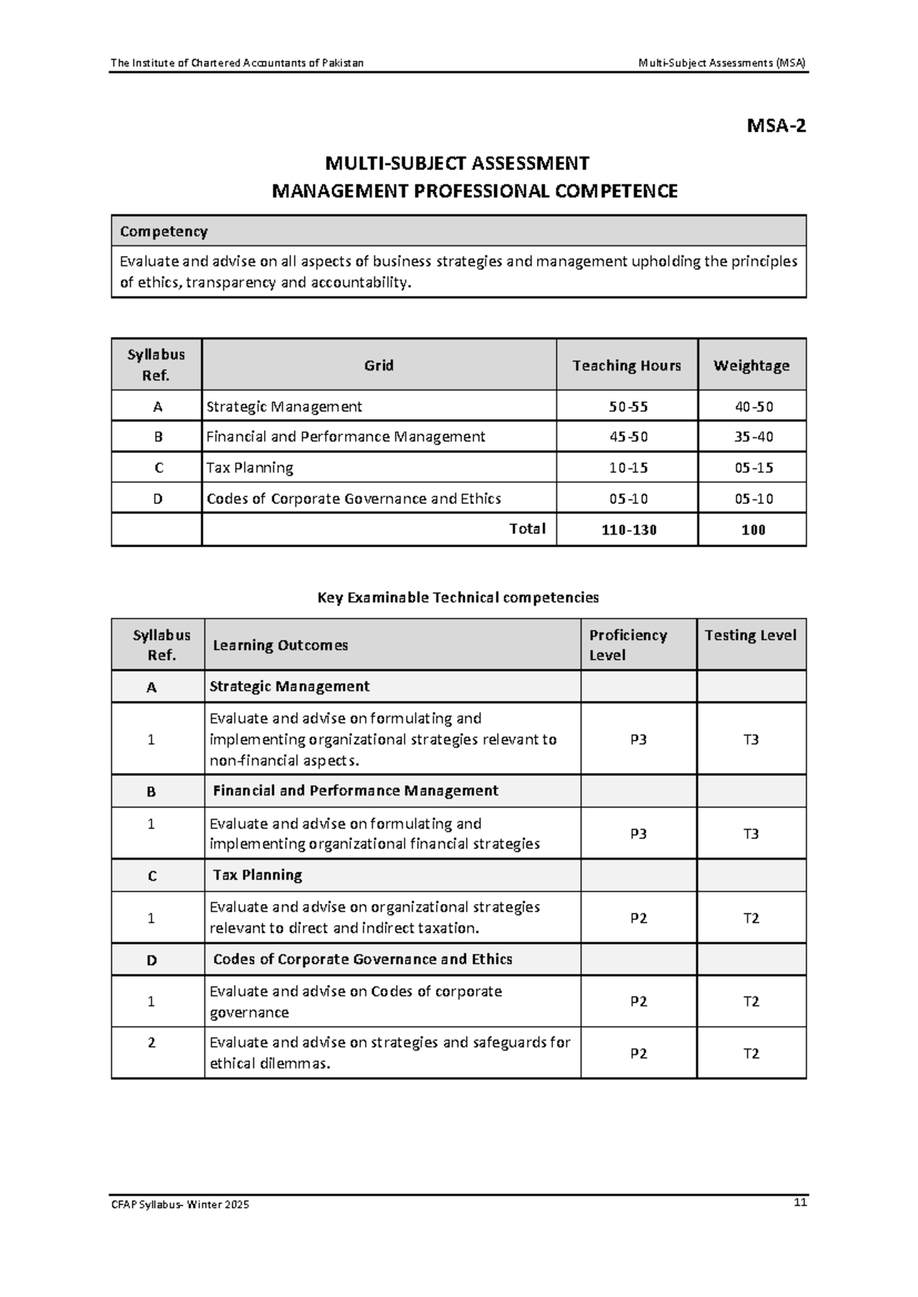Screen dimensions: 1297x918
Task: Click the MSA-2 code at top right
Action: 776,126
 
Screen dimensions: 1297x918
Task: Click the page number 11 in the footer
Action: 800,1203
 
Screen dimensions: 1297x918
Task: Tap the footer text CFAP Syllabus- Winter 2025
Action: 180,1205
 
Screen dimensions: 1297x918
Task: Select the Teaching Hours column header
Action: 627,366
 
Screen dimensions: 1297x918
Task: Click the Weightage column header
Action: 751,366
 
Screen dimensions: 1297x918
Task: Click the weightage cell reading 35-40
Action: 754,437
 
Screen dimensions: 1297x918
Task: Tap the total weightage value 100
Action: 753,530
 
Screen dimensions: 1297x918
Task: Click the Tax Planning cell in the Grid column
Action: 250,467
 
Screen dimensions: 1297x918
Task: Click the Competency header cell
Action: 164,231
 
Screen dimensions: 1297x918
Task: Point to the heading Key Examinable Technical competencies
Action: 457,597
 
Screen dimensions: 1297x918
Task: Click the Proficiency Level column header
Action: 628,645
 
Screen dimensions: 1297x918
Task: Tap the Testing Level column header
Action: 750,635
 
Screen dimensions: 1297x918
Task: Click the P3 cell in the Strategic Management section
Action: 638,740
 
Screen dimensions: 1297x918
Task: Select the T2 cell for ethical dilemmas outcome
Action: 751,1053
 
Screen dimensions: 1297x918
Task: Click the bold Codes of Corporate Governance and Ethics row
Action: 363,959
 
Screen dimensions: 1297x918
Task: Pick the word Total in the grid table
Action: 527,528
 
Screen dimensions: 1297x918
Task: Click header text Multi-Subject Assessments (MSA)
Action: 721,63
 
